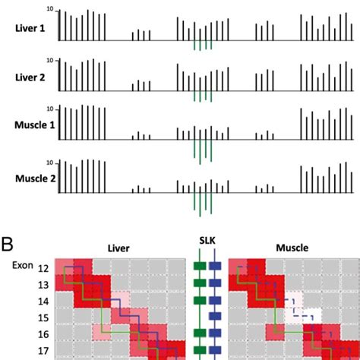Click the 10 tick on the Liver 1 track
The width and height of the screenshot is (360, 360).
(49, 9)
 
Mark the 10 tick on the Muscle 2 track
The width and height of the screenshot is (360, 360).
(49, 163)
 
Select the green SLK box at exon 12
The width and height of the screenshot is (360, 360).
(199, 267)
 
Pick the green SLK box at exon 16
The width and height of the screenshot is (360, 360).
(199, 333)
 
